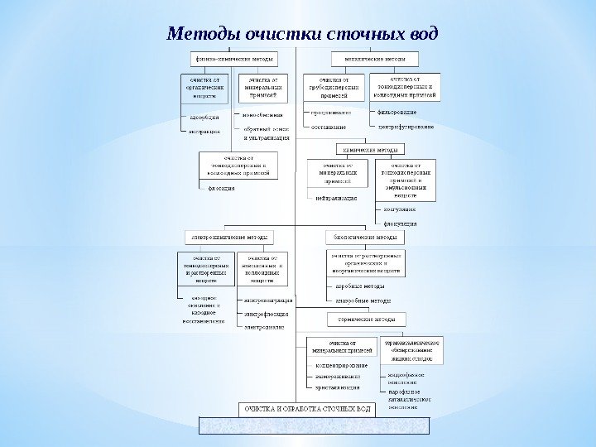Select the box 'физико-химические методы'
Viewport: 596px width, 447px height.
point(231,60)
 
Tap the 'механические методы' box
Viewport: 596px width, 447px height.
point(375,60)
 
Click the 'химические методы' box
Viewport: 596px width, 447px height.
point(369,150)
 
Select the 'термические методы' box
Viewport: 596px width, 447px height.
point(365,319)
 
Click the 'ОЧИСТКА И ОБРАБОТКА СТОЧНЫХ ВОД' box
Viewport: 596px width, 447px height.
point(307,409)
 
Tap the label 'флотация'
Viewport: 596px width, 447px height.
point(221,188)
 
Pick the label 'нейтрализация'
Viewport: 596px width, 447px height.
point(335,199)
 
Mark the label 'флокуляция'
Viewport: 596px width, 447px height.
point(400,223)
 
